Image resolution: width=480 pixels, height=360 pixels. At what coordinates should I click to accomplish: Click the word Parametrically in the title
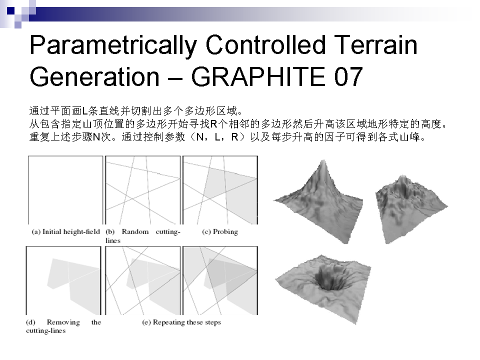113,46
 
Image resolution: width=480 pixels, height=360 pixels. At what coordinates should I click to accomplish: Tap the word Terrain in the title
375,45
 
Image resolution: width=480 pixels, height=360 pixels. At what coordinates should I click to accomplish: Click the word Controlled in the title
265,45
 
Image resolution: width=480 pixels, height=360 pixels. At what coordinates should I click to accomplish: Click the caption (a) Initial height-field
66,231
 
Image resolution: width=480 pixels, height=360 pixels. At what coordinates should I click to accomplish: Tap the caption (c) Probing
220,231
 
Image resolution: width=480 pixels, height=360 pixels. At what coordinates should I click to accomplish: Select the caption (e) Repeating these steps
181,322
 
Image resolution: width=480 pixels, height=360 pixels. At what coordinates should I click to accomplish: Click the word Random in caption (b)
135,231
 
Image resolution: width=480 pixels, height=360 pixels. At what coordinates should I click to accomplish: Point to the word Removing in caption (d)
63,322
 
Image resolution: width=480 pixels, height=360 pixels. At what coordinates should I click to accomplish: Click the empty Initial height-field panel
65,190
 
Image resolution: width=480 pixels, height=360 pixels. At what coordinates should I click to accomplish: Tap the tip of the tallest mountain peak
323,160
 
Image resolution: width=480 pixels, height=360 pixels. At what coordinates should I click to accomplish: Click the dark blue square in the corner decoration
10,10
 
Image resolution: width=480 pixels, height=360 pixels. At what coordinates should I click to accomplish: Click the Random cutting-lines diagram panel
143,190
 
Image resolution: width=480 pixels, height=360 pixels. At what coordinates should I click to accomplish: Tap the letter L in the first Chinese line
85,111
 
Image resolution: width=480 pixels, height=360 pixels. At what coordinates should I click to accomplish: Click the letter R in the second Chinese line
213,124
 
